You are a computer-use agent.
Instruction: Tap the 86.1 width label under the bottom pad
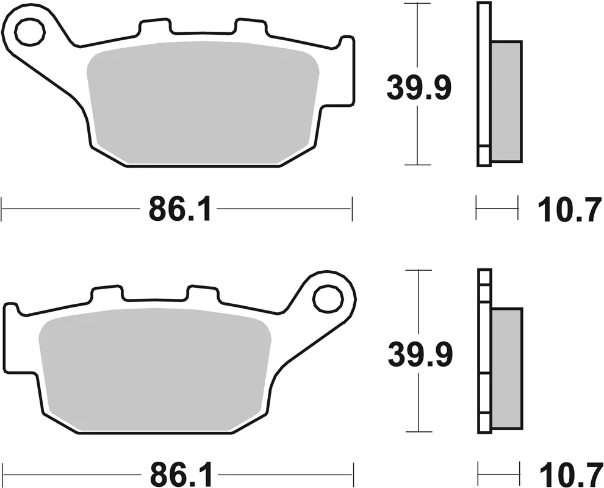pyautogui.click(x=179, y=473)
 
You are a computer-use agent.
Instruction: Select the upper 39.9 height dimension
pyautogui.click(x=419, y=88)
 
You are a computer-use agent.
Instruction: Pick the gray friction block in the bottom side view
pyautogui.click(x=507, y=368)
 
